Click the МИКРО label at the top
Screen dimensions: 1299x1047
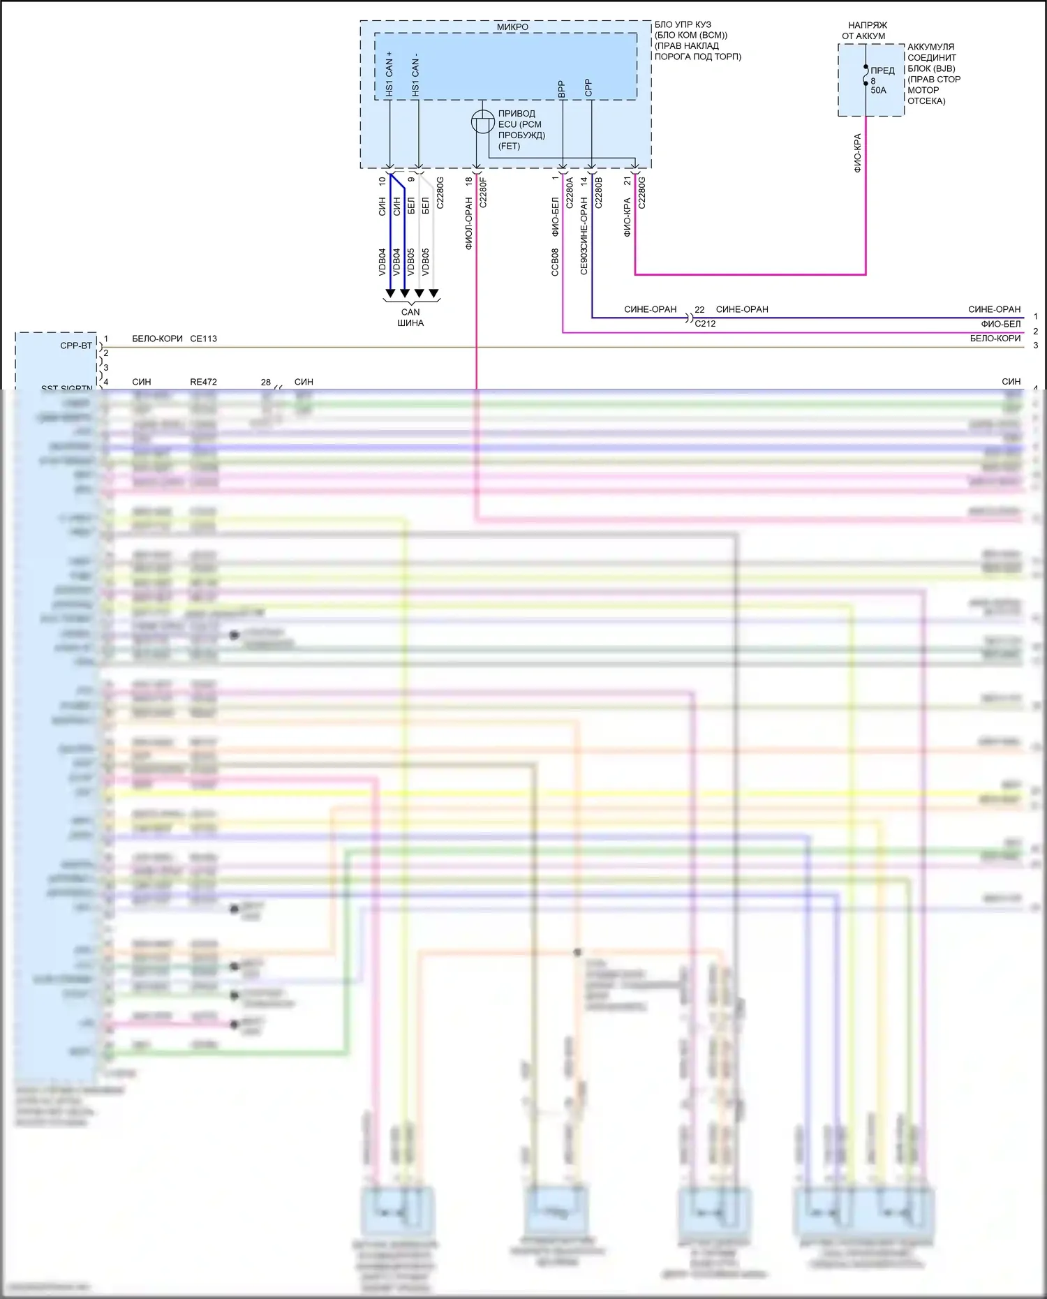pyautogui.click(x=512, y=27)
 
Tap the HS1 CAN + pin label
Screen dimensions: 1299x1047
pyautogui.click(x=389, y=73)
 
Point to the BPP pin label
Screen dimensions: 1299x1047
pyautogui.click(x=561, y=89)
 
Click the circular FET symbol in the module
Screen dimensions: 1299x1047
pyautogui.click(x=482, y=122)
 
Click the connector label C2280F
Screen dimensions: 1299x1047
pyautogui.click(x=483, y=193)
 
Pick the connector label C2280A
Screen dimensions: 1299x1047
pyautogui.click(x=570, y=192)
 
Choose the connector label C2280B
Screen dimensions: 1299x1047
pyautogui.click(x=598, y=192)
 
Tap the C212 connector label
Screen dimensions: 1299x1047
pyautogui.click(x=705, y=324)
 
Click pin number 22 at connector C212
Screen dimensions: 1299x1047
pyautogui.click(x=699, y=309)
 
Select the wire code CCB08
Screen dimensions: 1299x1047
pyautogui.click(x=555, y=262)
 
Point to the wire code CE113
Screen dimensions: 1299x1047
pyautogui.click(x=203, y=339)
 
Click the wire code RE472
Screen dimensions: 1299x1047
pyautogui.click(x=203, y=382)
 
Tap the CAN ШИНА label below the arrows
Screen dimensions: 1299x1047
pyautogui.click(x=410, y=318)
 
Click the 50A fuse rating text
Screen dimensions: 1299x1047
pyautogui.click(x=878, y=90)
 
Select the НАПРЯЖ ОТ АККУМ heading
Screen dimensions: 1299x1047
pyautogui.click(x=866, y=31)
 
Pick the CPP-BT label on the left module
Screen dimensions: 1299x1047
pyautogui.click(x=76, y=346)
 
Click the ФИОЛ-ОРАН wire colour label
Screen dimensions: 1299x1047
pyautogui.click(x=469, y=223)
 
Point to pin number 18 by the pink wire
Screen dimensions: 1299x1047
pyautogui.click(x=469, y=181)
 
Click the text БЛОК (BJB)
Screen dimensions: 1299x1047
pyautogui.click(x=931, y=68)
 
